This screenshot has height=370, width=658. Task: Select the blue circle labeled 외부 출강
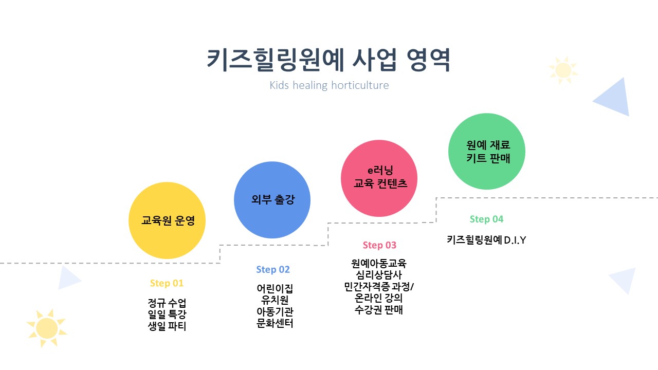[272, 200]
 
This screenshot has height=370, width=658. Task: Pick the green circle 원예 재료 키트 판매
[487, 152]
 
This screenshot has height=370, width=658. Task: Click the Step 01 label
[167, 283]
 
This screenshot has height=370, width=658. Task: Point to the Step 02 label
[273, 269]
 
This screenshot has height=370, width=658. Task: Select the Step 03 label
[379, 245]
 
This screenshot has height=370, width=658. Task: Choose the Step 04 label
[486, 219]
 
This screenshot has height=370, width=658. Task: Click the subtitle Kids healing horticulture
[329, 85]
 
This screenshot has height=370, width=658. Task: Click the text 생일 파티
[167, 326]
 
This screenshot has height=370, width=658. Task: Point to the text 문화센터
[275, 323]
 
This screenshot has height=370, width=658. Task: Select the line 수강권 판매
[379, 310]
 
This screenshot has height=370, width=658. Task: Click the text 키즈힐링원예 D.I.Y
[486, 239]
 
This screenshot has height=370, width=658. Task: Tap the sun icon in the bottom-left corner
[47, 328]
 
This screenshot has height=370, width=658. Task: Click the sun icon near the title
[563, 70]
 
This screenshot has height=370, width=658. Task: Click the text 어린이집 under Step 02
[275, 288]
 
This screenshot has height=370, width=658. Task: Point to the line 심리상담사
[379, 275]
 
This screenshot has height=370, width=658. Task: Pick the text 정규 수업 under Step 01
[167, 302]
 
